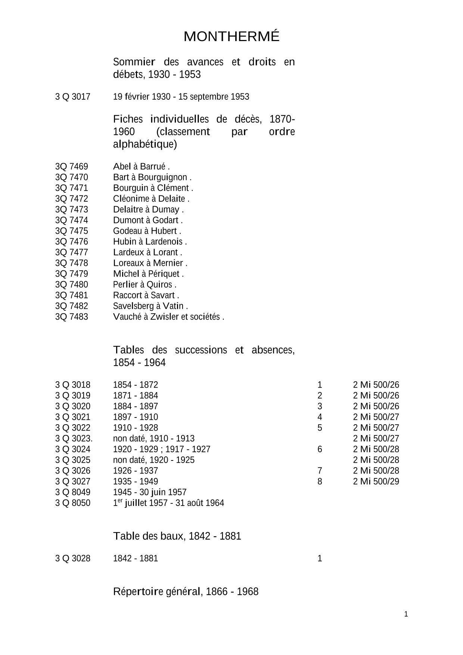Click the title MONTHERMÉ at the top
[232, 37]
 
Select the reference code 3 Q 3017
[73, 97]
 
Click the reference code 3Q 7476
[72, 242]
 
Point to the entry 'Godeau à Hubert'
[146, 231]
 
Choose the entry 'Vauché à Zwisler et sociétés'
[168, 317]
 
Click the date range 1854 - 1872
[136, 385]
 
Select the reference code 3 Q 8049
[73, 492]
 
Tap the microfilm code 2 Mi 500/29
[376, 481]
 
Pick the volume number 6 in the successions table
[320, 449]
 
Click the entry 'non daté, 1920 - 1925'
[154, 460]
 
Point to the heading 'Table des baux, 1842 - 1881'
[177, 536]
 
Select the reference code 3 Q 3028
[73, 559]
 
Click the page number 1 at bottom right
[406, 614]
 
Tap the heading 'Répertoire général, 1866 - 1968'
[186, 592]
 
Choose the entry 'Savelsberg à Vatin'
[150, 306]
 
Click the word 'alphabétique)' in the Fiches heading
[145, 145]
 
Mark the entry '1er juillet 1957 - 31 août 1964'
[168, 503]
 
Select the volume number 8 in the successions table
[320, 481]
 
